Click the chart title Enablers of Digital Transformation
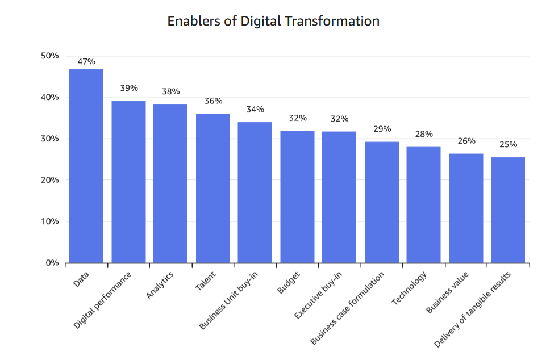[273, 21]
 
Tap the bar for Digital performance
[128, 182]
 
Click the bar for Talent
[213, 188]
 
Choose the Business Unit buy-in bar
[255, 192]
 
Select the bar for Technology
[423, 205]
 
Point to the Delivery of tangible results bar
[508, 210]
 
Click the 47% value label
[86, 61]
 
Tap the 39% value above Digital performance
[129, 88]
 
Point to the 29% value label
[382, 129]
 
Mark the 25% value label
[508, 144]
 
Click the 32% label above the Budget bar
[297, 118]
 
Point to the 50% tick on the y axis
[50, 56]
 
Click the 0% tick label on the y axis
[52, 263]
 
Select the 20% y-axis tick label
[50, 180]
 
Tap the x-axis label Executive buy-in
[319, 295]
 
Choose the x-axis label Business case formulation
[348, 308]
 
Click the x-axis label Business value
[448, 292]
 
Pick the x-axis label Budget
[289, 283]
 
